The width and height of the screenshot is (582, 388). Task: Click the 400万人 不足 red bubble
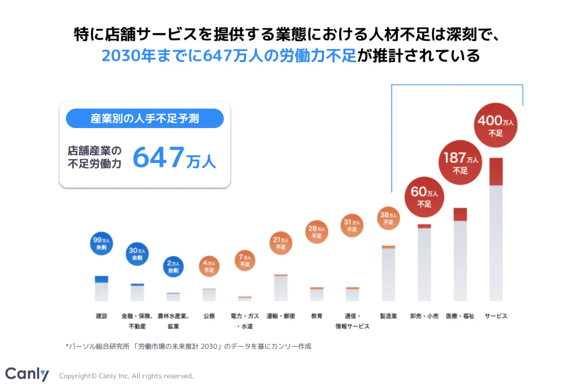[x=496, y=126]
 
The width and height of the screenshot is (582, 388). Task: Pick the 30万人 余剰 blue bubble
[x=137, y=254]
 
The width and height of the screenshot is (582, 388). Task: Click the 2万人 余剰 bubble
[x=173, y=267]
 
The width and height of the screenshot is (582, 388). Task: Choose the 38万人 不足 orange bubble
[x=388, y=218]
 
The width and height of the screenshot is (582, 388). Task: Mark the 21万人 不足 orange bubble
[x=281, y=243]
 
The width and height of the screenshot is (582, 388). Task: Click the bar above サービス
[x=496, y=229]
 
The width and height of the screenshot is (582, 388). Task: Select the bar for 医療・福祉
[x=460, y=255]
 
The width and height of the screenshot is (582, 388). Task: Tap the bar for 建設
[x=101, y=289]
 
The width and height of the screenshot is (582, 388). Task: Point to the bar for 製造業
[x=388, y=274]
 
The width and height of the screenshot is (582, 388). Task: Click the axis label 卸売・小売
[x=424, y=316]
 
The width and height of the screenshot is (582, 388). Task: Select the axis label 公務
[x=209, y=316]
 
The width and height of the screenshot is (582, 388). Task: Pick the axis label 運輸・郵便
[x=281, y=316]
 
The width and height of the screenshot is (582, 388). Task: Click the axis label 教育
[x=317, y=316]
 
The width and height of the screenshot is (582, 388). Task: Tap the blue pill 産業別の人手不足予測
[x=145, y=118]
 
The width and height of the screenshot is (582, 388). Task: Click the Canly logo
[x=27, y=374]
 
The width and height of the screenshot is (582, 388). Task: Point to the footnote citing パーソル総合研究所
[x=188, y=346]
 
